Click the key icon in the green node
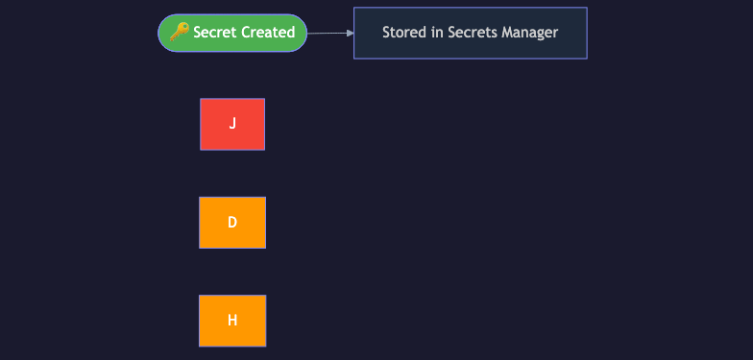(179, 32)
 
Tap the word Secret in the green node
(215, 33)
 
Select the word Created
(268, 33)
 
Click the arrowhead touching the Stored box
(350, 33)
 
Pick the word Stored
(403, 33)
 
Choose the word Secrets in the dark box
(473, 33)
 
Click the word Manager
(530, 33)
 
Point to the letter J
(232, 124)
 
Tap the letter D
(232, 223)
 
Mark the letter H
(232, 321)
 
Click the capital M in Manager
(508, 33)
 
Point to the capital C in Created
(247, 33)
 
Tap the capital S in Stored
(386, 33)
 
